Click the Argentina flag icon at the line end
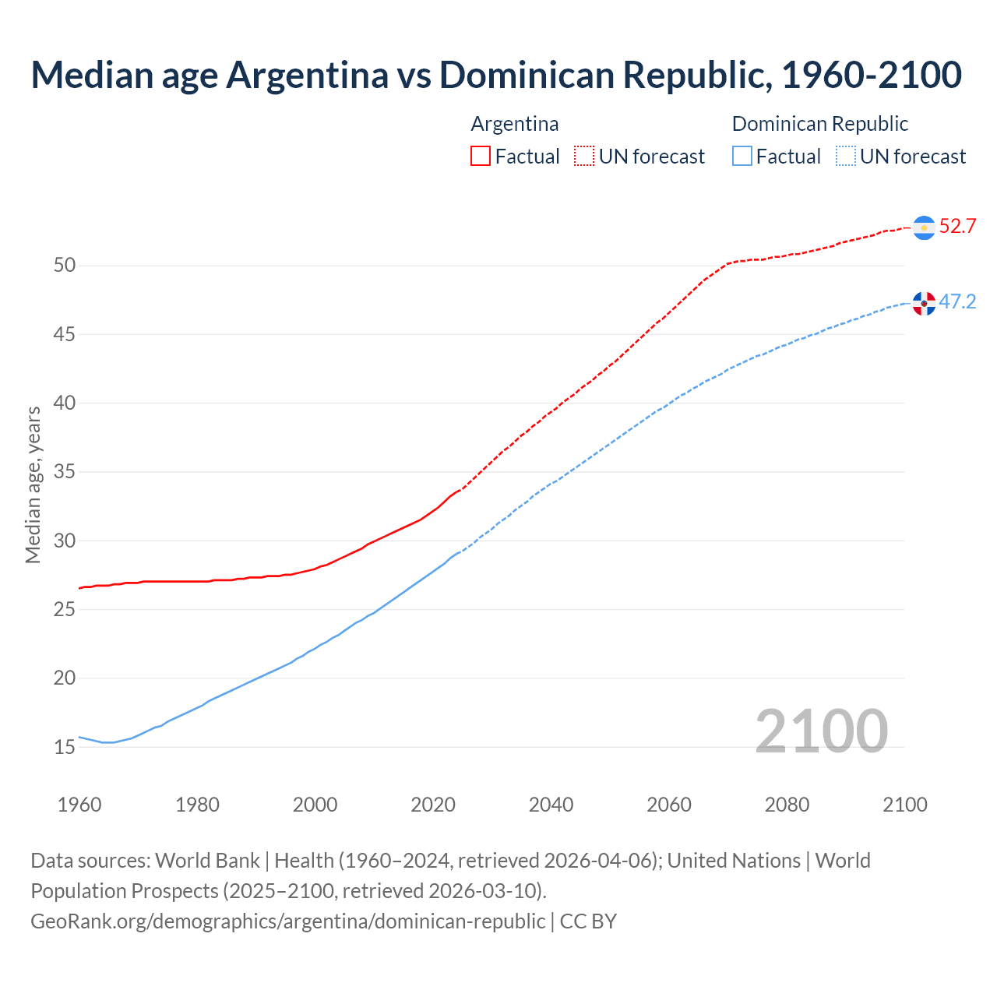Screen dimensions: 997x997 pos(924,227)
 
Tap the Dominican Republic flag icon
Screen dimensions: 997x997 pos(924,303)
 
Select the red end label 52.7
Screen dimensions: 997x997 pos(957,227)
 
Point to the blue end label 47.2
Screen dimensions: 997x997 pos(957,302)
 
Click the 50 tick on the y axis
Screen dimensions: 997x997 pos(65,266)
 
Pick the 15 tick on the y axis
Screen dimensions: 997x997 pos(65,748)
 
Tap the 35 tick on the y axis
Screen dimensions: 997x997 pos(65,472)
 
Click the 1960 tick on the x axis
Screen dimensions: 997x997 pos(79,805)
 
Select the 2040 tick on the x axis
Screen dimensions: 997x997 pos(551,805)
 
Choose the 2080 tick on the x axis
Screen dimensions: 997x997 pos(787,805)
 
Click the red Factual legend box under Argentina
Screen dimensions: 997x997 pos(481,157)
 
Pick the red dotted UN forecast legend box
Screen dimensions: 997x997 pos(584,157)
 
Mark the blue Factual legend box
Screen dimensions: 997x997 pos(742,157)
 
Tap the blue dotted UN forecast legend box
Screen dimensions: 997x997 pos(846,157)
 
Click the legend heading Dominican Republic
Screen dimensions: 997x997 pos(819,124)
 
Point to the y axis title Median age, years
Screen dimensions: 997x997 pos(33,484)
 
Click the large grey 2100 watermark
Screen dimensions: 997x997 pos(821,731)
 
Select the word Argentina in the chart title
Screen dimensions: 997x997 pos(307,75)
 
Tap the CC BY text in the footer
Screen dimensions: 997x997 pos(588,921)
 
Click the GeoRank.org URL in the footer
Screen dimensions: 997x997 pos(287,921)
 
